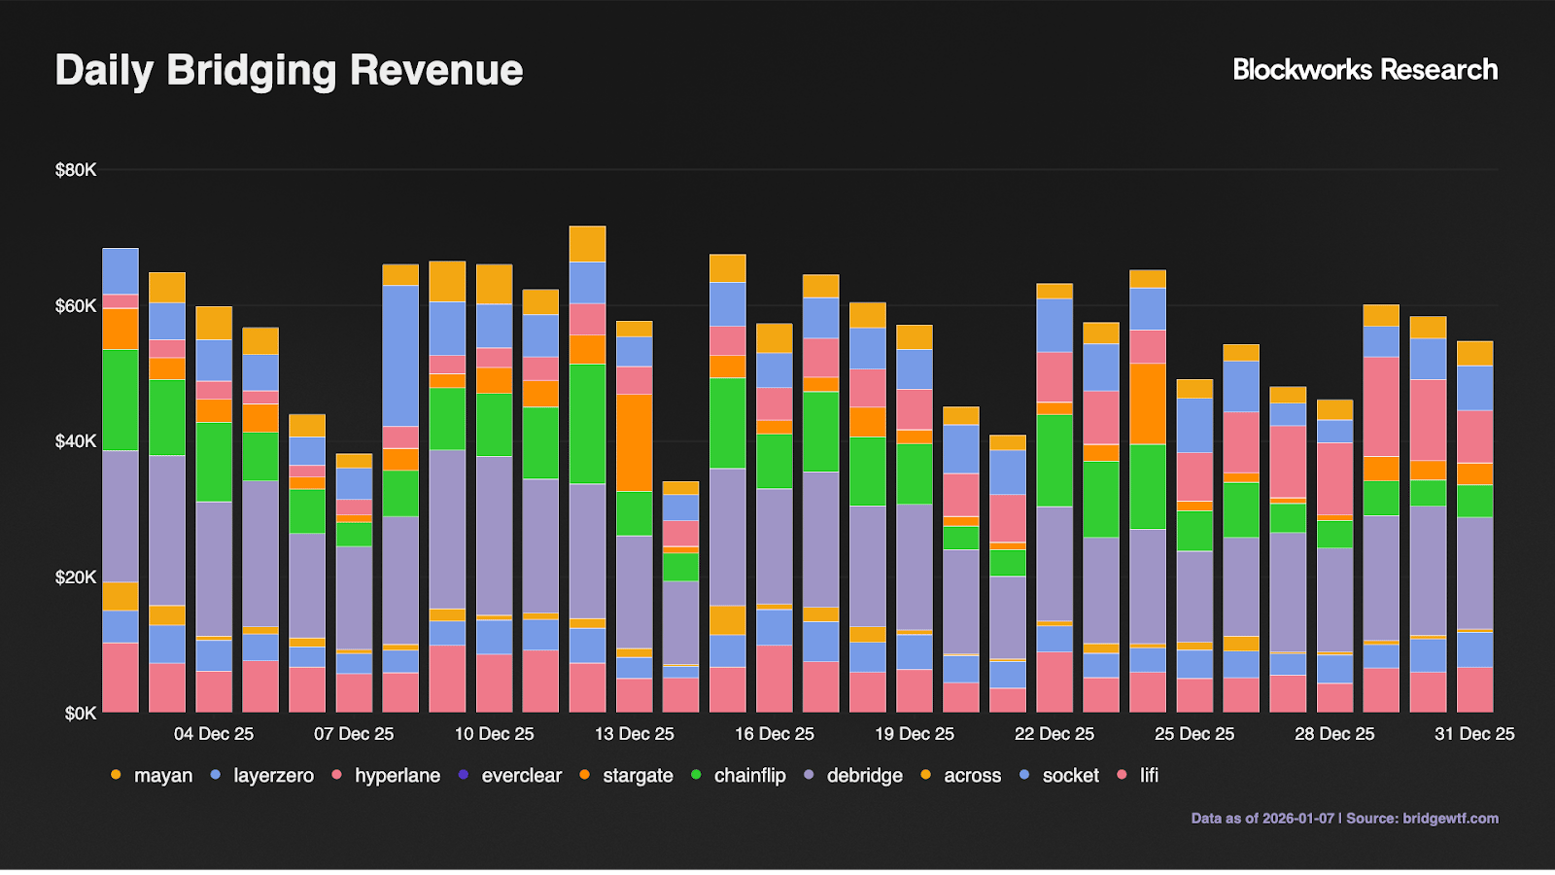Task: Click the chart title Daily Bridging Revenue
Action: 289,70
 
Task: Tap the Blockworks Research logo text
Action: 1365,70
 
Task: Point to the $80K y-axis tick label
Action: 76,170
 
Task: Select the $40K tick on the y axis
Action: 76,441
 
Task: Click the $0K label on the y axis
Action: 80,714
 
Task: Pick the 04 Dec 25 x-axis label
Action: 214,734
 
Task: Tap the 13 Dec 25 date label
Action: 634,734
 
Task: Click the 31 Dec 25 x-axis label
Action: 1473,734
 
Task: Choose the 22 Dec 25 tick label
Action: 1054,734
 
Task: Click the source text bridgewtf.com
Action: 1450,819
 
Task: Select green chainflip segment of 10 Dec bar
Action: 494,425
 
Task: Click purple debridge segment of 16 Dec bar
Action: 775,544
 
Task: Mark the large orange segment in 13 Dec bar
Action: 634,442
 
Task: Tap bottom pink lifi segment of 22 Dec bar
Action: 1054,682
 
